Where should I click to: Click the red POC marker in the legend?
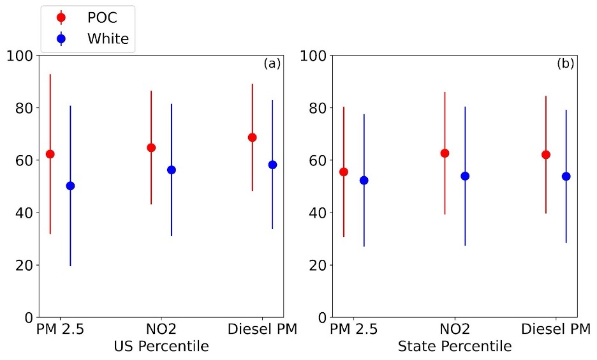61,17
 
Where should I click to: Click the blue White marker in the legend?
61,39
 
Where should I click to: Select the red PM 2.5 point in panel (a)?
50,154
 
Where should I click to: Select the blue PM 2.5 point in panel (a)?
70,186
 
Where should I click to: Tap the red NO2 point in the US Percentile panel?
151,147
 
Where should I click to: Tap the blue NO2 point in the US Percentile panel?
171,170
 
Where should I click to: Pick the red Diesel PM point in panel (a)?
252,137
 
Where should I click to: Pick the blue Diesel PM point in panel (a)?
272,165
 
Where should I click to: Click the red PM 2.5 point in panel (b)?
344,172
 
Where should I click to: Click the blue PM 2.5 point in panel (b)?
364,180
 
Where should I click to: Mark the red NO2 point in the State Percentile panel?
445,153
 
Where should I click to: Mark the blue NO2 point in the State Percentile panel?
465,176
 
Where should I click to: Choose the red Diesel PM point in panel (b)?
545,154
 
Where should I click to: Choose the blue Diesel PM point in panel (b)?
566,176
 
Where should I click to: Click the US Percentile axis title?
161,347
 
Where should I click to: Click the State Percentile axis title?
454,347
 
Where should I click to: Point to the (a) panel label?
272,64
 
